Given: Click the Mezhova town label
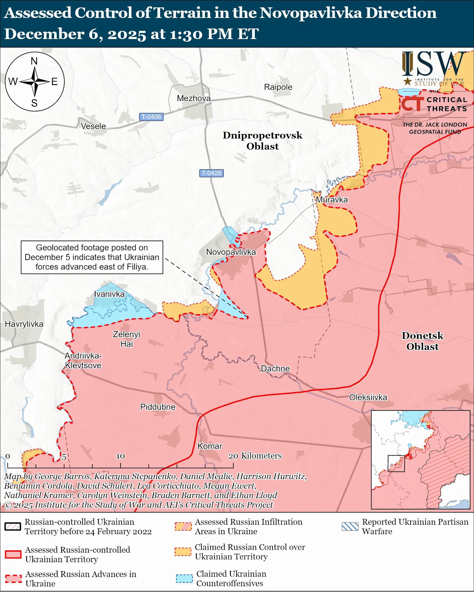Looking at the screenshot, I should [194, 98].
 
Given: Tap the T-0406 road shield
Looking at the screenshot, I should [151, 117].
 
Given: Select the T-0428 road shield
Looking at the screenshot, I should [211, 173].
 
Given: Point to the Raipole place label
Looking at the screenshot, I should [278, 87].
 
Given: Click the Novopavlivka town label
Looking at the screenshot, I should [231, 252].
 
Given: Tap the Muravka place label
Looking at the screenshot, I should [332, 200].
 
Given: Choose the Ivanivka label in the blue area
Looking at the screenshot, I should [109, 294].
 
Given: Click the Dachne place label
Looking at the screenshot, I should [275, 369].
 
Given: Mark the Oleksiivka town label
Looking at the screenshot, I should [368, 397].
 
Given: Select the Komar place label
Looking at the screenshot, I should [210, 446].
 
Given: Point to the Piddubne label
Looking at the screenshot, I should [157, 407].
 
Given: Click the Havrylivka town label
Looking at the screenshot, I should [24, 324].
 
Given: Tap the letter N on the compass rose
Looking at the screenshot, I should [34, 61].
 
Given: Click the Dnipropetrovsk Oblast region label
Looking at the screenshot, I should [262, 141].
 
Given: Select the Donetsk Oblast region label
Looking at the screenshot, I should [422, 341].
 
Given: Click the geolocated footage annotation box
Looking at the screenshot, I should [92, 257].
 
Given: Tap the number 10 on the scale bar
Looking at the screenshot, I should [120, 456].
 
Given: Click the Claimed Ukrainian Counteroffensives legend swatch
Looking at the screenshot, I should [184, 578].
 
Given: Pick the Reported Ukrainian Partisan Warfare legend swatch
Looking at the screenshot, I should [350, 526].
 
